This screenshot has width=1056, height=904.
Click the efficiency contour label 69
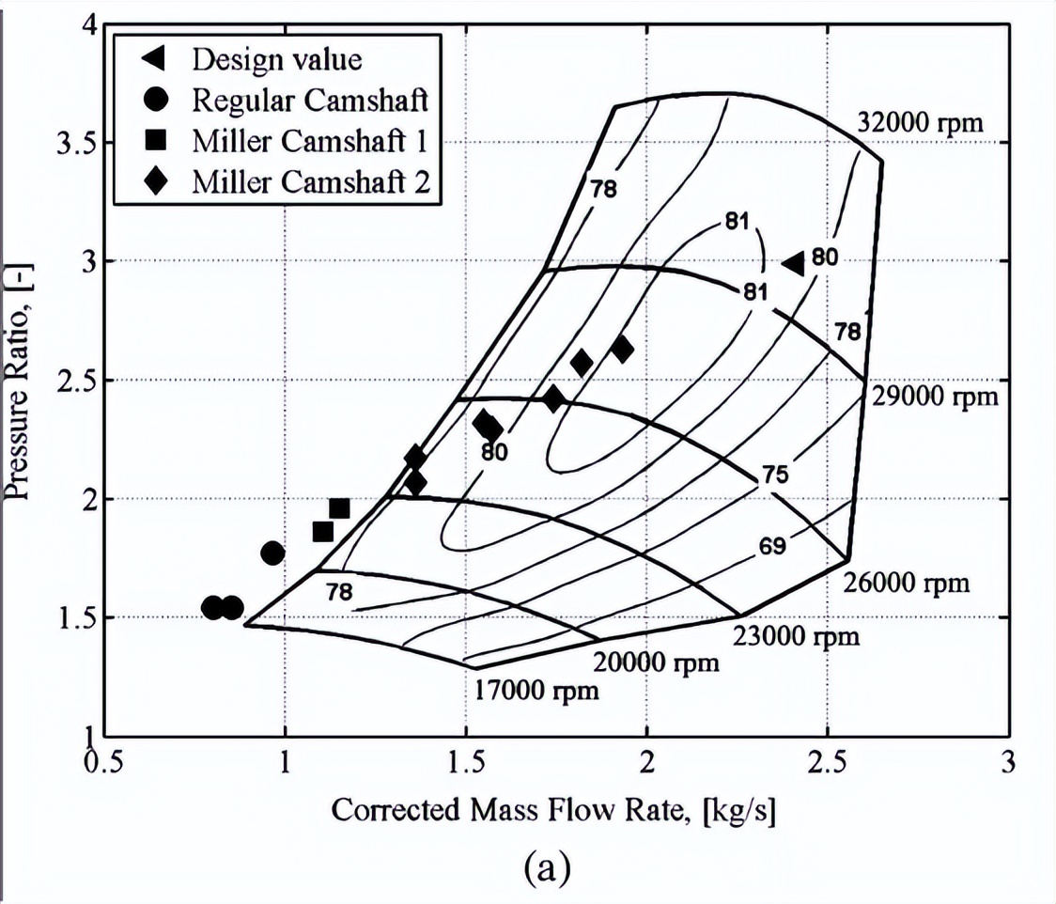point(772,546)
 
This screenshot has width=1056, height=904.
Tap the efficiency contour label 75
point(774,475)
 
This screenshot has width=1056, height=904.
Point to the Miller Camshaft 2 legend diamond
point(155,181)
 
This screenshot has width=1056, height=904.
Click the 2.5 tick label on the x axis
point(827,764)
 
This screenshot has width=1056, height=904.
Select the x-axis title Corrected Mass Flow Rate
point(552,809)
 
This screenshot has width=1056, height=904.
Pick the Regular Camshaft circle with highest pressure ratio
point(272,553)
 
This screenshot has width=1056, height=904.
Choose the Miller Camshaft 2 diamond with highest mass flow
point(622,350)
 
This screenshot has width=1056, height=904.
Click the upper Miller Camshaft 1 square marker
point(339,508)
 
